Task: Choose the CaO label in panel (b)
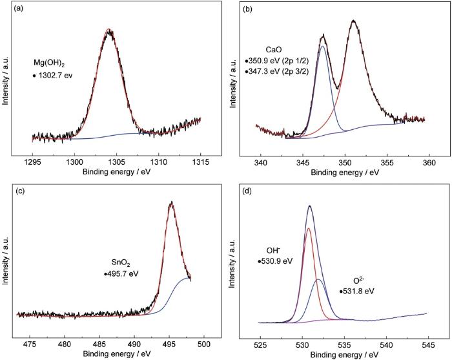(274, 49)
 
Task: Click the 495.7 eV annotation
(122, 273)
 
